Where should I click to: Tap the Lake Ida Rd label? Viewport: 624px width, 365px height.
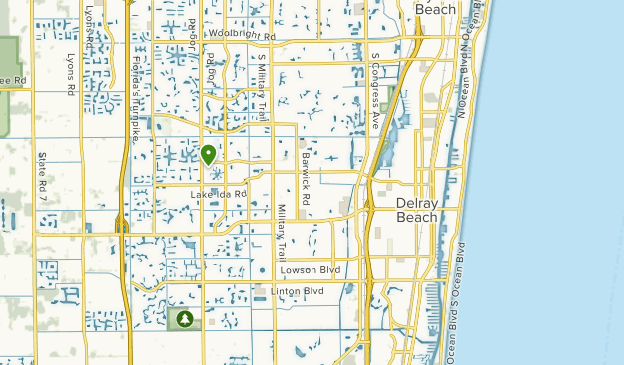pyautogui.click(x=218, y=193)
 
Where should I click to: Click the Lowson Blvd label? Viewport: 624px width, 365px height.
pyautogui.click(x=312, y=270)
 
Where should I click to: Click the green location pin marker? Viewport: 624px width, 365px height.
pyautogui.click(x=209, y=155)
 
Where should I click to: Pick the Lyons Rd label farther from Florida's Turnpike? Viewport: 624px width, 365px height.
pyautogui.click(x=70, y=75)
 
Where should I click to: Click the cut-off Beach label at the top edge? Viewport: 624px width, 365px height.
pyautogui.click(x=436, y=9)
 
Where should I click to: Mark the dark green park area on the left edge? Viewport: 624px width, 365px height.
pyautogui.click(x=10, y=60)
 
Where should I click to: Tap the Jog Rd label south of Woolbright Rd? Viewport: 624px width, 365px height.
pyautogui.click(x=212, y=76)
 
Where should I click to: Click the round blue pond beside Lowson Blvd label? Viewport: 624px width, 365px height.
pyautogui.click(x=262, y=270)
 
